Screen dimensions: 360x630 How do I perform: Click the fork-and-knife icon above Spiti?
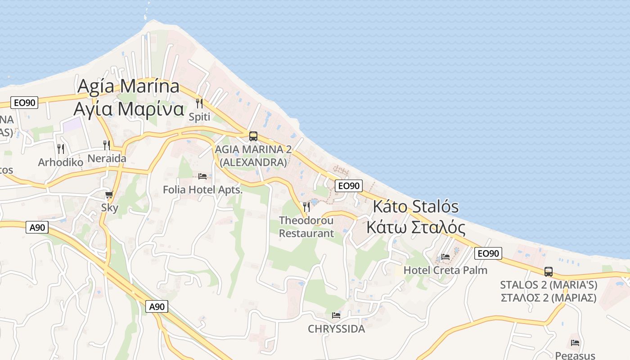(x=199, y=103)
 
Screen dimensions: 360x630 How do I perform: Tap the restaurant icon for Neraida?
(x=107, y=145)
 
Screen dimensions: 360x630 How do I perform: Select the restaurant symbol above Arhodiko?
(x=61, y=148)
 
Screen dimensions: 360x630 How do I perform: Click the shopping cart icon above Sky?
(x=109, y=194)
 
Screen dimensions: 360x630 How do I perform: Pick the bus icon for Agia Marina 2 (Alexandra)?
(x=253, y=136)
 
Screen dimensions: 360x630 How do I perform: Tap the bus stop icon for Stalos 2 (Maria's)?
(x=549, y=271)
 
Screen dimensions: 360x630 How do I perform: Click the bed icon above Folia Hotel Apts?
(x=202, y=176)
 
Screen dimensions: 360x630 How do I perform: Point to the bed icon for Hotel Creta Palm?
(x=445, y=257)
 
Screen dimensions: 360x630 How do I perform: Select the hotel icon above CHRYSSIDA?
(x=336, y=315)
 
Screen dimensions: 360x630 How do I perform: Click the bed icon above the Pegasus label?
(x=575, y=342)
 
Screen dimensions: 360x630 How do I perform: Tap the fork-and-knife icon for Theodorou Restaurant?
(x=306, y=207)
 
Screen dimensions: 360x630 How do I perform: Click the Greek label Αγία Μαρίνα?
(x=129, y=109)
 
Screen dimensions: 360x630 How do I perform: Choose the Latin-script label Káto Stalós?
(x=416, y=207)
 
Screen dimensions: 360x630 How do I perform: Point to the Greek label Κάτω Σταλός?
(x=416, y=227)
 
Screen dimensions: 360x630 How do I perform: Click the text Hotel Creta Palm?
(x=445, y=270)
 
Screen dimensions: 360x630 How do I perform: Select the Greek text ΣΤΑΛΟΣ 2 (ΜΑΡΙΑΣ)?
(x=549, y=297)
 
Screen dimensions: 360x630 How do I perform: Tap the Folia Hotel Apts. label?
(x=202, y=190)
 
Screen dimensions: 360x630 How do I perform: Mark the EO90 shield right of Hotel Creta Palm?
(x=488, y=253)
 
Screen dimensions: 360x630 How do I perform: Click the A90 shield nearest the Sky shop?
(x=37, y=228)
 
